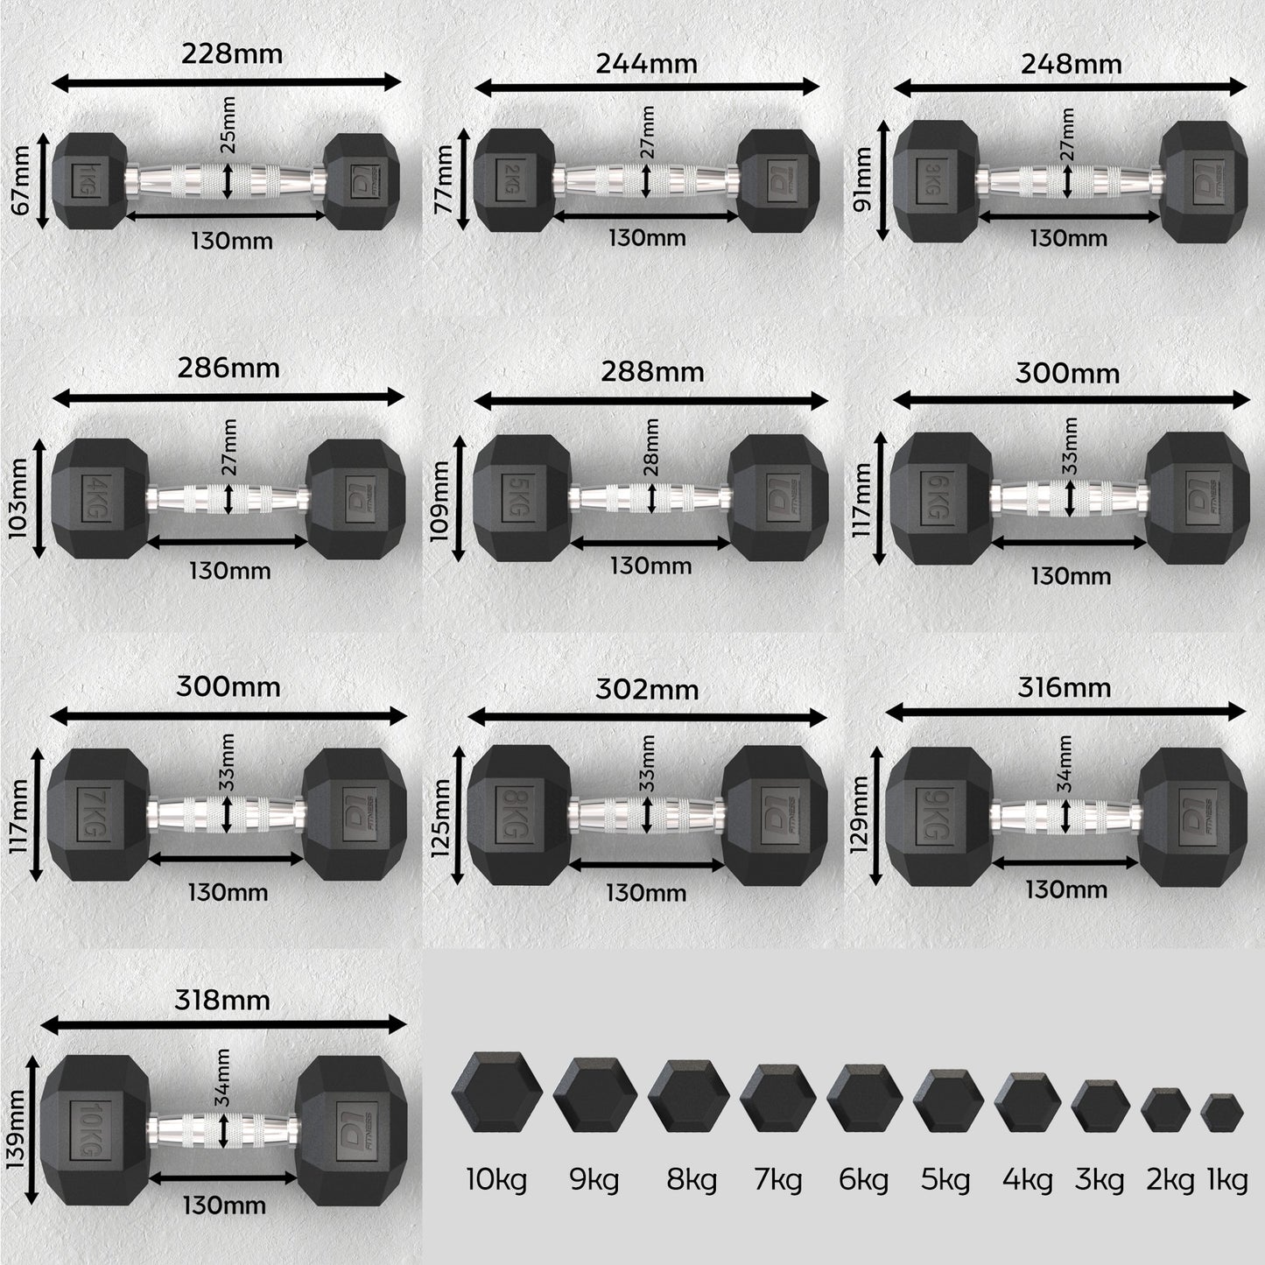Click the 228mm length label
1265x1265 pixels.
232,53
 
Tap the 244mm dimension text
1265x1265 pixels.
646,64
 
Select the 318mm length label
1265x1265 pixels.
221,1001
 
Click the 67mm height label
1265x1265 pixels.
20,180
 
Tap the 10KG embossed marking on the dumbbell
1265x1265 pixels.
91,1129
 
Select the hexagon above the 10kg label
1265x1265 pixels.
497,1093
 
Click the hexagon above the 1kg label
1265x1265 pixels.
1222,1113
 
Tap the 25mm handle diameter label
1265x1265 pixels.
227,124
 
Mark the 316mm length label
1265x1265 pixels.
1065,687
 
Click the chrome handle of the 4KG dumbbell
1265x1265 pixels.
228,499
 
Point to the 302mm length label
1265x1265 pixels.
647,690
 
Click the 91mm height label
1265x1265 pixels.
861,179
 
